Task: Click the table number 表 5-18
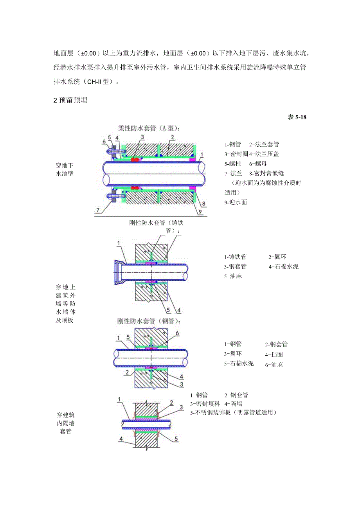297,117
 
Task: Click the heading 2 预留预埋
70,100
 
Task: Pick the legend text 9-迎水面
236,202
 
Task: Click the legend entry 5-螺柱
234,164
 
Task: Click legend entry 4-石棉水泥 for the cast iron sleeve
283,267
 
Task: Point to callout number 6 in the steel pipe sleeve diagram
177,333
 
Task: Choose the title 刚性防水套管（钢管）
149,321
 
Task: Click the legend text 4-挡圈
274,355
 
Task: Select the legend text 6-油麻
274,365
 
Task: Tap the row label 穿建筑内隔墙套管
66,423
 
